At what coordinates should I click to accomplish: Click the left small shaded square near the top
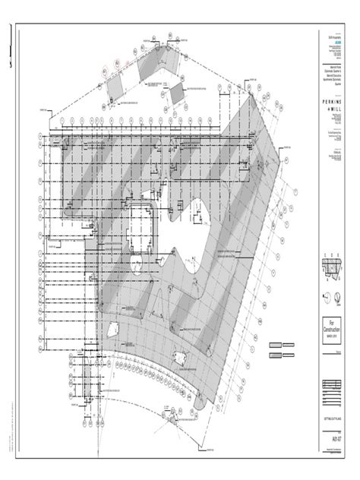pyautogui.click(x=112, y=87)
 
